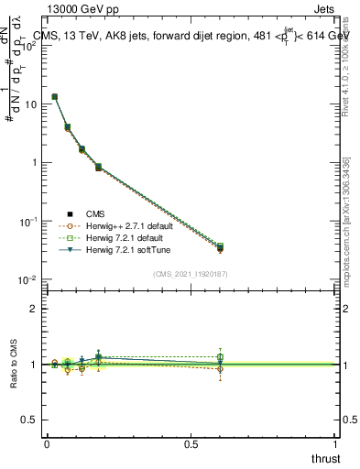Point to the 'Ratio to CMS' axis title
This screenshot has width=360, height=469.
click(14, 365)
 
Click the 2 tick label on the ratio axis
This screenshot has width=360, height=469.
click(37, 309)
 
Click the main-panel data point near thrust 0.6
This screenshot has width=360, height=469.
click(220, 247)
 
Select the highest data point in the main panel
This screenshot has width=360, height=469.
click(55, 96)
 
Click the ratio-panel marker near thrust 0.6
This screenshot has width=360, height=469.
click(220, 364)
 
